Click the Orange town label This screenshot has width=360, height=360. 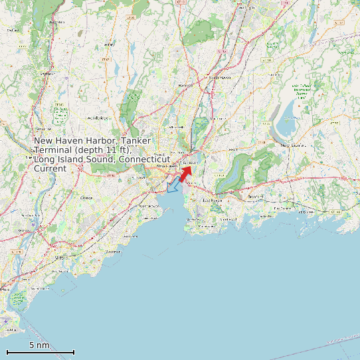coord(86,198)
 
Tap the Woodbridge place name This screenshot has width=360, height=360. coord(97,118)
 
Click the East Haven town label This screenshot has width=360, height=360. coord(213,200)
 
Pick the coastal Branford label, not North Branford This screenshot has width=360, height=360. coord(256,197)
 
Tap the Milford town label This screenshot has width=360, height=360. coord(62,256)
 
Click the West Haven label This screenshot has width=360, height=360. coord(149,207)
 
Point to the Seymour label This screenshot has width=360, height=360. coord(46,74)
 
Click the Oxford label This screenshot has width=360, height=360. coord(12,30)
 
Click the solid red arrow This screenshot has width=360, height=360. coord(185,173)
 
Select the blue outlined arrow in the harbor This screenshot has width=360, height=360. coord(173,185)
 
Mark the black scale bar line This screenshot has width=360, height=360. coord(40,352)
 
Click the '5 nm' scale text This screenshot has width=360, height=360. coord(39,345)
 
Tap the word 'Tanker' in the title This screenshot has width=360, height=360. coord(136,141)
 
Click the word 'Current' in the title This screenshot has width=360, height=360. coord(50,169)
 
